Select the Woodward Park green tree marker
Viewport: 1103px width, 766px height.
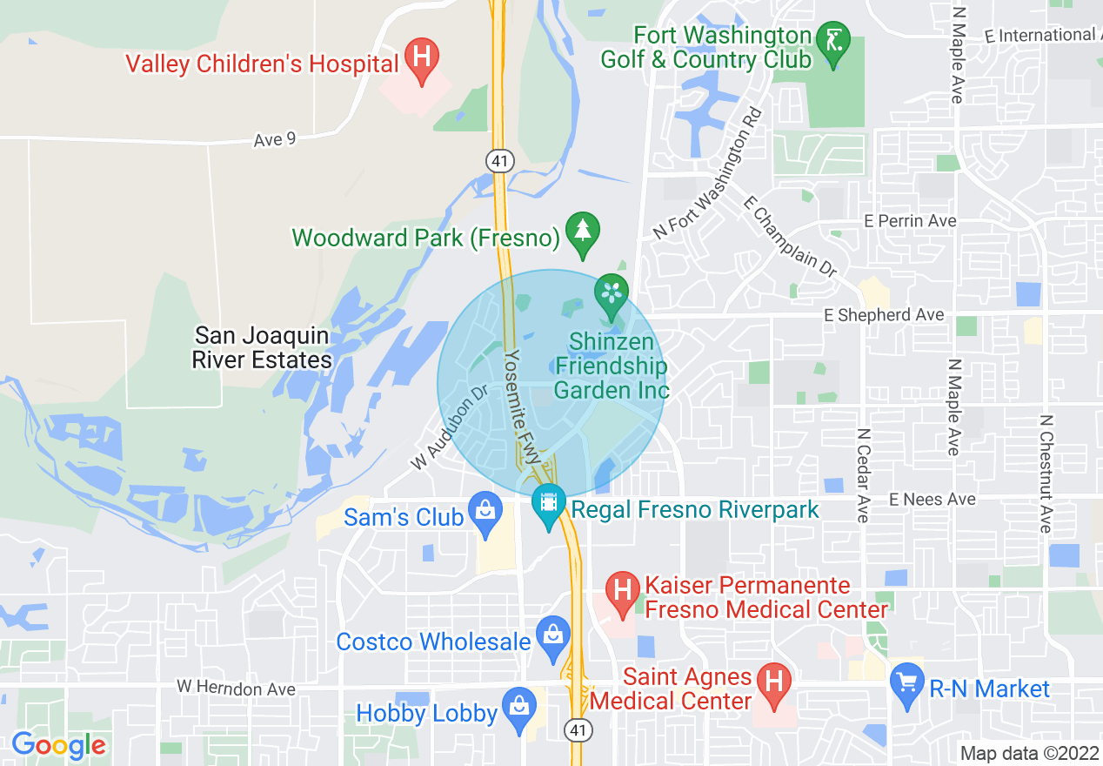tap(583, 232)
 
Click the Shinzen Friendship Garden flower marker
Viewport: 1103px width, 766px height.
tap(612, 292)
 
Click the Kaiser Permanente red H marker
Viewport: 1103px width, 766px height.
tap(623, 591)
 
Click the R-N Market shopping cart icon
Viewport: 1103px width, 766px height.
tap(908, 682)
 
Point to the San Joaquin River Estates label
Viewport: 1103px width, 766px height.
tap(262, 347)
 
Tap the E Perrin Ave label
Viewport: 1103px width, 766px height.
tap(910, 221)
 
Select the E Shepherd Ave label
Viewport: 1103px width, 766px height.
tap(884, 315)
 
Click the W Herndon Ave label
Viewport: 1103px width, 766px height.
tap(236, 688)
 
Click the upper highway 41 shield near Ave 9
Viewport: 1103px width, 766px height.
tap(500, 161)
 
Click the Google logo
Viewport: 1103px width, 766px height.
tap(58, 745)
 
